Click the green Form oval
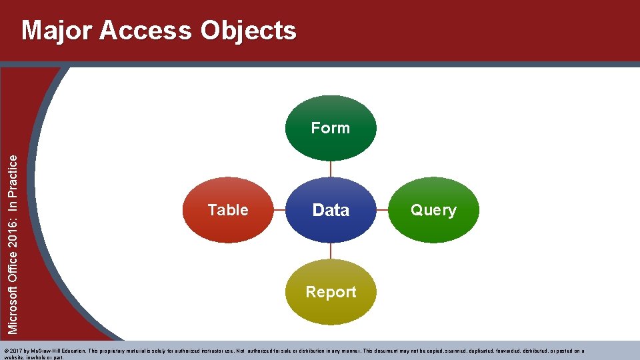click(x=331, y=128)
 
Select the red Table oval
click(x=228, y=210)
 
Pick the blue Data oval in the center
click(x=331, y=210)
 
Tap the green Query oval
click(x=433, y=210)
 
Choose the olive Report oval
click(x=331, y=292)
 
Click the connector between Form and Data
click(x=331, y=169)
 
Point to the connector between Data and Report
click(x=331, y=251)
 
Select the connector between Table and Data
click(x=279, y=210)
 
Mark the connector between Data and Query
click(x=382, y=210)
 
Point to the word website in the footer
click(x=14, y=357)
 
